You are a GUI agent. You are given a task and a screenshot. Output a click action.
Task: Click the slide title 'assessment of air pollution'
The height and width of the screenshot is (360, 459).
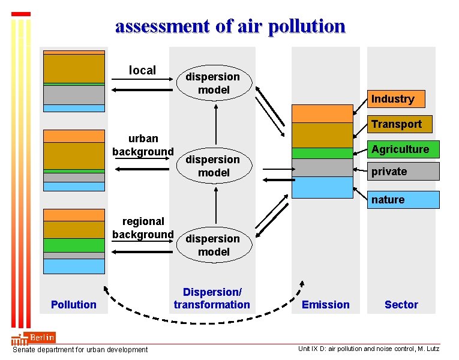pyautogui.click(x=230, y=26)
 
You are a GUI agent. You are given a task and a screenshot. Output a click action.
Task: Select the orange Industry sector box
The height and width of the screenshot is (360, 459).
pyautogui.click(x=392, y=98)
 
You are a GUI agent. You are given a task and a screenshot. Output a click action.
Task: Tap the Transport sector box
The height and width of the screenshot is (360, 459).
pyautogui.click(x=395, y=124)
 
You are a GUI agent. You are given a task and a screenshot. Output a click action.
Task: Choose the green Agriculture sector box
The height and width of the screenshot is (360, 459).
pyautogui.click(x=400, y=149)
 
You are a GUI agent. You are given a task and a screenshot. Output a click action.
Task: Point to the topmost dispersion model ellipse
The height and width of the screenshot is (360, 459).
pyautogui.click(x=213, y=83)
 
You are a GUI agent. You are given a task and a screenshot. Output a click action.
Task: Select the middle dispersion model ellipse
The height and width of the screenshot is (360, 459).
pyautogui.click(x=213, y=166)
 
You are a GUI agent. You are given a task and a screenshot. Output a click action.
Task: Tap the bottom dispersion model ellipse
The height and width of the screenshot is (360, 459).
pyautogui.click(x=213, y=245)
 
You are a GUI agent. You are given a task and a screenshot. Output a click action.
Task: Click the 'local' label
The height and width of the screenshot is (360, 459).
pyautogui.click(x=142, y=70)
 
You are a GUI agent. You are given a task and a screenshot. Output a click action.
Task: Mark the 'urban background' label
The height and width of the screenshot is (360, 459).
pyautogui.click(x=143, y=145)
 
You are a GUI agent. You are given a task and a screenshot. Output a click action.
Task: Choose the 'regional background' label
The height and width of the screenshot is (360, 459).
pyautogui.click(x=143, y=227)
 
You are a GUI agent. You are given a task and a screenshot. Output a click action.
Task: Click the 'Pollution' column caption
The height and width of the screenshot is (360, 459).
pyautogui.click(x=73, y=304)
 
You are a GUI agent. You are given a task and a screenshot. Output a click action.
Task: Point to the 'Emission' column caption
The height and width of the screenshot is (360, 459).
pyautogui.click(x=325, y=304)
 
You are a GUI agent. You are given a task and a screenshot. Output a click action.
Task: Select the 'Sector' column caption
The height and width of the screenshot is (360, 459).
pyautogui.click(x=401, y=304)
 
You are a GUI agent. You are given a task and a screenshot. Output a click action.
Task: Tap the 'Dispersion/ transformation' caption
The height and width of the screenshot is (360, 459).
pyautogui.click(x=212, y=298)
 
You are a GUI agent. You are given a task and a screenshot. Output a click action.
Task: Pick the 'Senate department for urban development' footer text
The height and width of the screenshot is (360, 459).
pyautogui.click(x=80, y=349)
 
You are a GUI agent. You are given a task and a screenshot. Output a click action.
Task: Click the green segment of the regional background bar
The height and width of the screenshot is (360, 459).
pyautogui.click(x=74, y=245)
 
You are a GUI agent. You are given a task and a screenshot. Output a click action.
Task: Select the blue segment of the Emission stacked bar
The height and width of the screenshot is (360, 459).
pyautogui.click(x=322, y=187)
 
